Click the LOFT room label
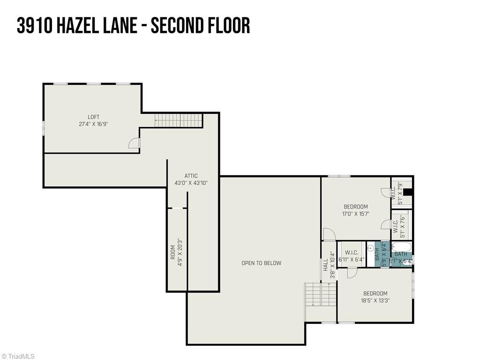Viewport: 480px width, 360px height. point(93,117)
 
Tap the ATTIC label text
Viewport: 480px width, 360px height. point(191,176)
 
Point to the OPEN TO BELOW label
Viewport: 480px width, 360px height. point(261,263)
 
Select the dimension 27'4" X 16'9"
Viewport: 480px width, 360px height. point(93,124)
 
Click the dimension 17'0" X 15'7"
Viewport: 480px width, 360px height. point(356,214)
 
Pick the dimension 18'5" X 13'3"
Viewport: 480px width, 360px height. point(375,301)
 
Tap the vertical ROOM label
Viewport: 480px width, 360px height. point(172,252)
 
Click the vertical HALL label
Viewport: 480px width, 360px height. point(325,265)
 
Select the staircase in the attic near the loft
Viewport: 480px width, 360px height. point(179,120)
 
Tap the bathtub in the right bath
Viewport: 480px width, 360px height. point(401,247)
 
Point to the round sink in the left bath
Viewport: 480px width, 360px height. point(370,247)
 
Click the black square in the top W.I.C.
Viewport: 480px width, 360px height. point(407,192)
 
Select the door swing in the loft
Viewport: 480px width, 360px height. point(134,143)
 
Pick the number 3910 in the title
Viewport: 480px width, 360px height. point(34,26)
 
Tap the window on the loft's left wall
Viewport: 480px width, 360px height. point(44,128)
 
